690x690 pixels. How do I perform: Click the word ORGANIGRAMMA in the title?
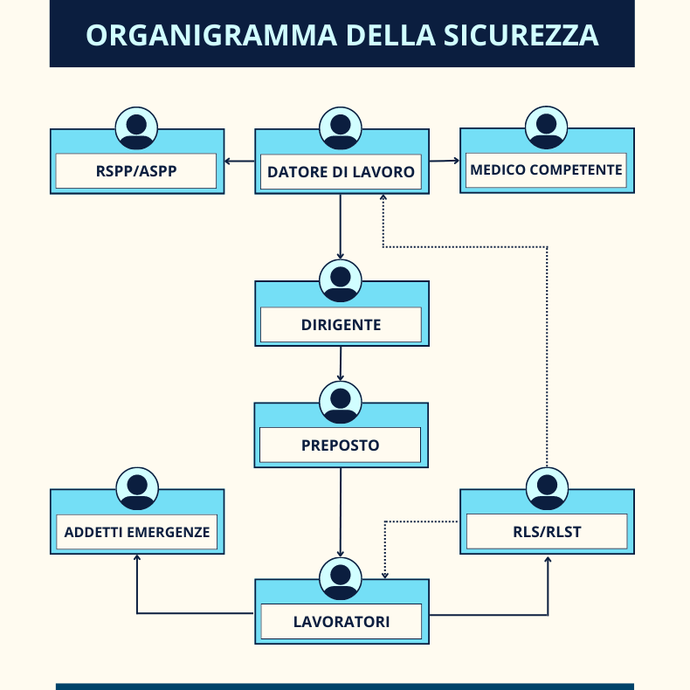(x=211, y=35)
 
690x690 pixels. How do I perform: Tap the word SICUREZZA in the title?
(x=521, y=35)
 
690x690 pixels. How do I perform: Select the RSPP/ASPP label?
(x=136, y=170)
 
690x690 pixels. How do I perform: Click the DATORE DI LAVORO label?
(x=341, y=171)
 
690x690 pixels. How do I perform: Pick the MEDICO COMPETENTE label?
(x=546, y=169)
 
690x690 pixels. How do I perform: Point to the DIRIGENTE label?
(x=341, y=325)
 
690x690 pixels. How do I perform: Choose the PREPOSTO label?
(x=340, y=445)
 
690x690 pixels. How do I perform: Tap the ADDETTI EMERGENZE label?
(x=137, y=532)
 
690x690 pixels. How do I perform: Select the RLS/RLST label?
(x=547, y=532)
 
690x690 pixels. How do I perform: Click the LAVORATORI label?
(x=342, y=621)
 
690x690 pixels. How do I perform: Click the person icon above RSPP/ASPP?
(x=136, y=128)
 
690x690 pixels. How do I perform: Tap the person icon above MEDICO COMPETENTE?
(x=547, y=128)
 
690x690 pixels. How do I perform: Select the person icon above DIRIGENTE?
(x=341, y=280)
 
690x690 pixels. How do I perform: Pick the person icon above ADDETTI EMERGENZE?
(x=137, y=489)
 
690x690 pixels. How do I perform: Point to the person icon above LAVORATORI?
(x=341, y=579)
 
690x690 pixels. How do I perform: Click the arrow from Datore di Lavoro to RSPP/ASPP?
(x=239, y=161)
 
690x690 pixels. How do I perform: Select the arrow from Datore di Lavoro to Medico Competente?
(x=445, y=161)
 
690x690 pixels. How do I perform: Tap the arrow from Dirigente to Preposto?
(x=340, y=363)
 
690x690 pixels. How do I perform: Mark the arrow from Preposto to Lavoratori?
(x=340, y=513)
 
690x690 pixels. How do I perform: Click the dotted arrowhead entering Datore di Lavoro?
(x=383, y=197)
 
